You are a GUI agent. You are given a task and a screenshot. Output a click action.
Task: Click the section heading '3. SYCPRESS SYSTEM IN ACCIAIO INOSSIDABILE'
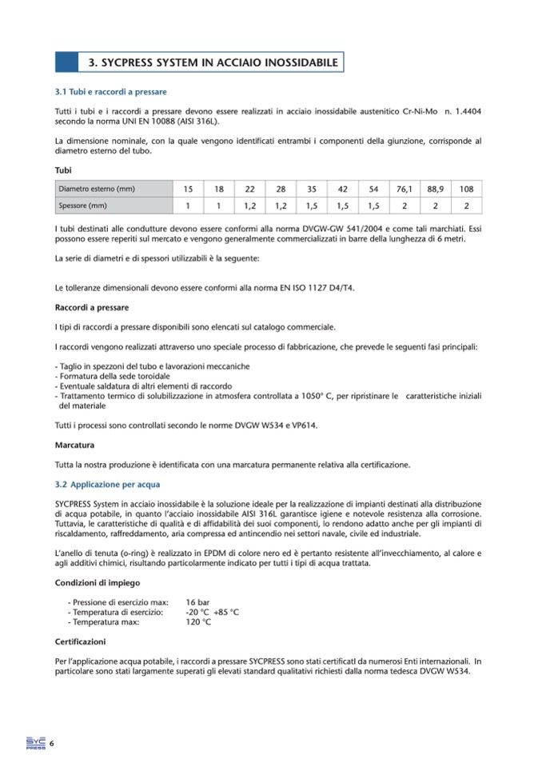pyautogui.click(x=212, y=62)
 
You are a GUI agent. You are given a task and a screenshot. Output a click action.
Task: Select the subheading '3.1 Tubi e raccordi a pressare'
pyautogui.click(x=110, y=93)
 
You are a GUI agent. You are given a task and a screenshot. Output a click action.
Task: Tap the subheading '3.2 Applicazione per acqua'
pyautogui.click(x=107, y=484)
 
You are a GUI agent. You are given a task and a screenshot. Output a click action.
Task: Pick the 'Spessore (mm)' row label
pyautogui.click(x=82, y=206)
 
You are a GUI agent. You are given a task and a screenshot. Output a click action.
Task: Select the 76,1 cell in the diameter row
pyautogui.click(x=405, y=190)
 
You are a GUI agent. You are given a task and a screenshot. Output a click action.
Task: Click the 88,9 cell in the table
pyautogui.click(x=436, y=190)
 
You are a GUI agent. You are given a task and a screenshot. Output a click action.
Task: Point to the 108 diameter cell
pyautogui.click(x=467, y=190)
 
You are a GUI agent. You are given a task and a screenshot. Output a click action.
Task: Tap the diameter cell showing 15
pyautogui.click(x=188, y=190)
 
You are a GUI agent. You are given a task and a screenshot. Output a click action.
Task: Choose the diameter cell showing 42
pyautogui.click(x=343, y=190)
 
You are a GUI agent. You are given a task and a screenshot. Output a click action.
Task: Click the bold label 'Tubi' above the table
pyautogui.click(x=63, y=170)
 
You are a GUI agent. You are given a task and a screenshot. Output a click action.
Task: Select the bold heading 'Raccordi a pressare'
pyautogui.click(x=92, y=307)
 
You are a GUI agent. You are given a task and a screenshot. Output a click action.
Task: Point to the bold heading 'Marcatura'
pyautogui.click(x=74, y=444)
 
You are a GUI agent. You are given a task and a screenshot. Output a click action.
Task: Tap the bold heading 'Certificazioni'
pyautogui.click(x=80, y=641)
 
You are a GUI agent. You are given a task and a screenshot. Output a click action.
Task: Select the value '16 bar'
pyautogui.click(x=198, y=601)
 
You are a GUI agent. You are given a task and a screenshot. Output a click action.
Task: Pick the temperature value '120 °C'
pyautogui.click(x=198, y=621)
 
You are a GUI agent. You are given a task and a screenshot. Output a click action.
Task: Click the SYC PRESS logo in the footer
pyautogui.click(x=34, y=743)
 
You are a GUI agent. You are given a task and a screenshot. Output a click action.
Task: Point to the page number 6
pyautogui.click(x=52, y=744)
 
